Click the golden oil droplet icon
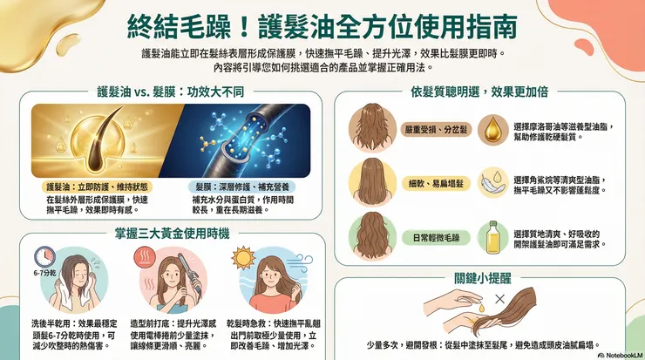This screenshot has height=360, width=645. (492, 127)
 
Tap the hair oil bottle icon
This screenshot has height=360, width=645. (493, 235)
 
